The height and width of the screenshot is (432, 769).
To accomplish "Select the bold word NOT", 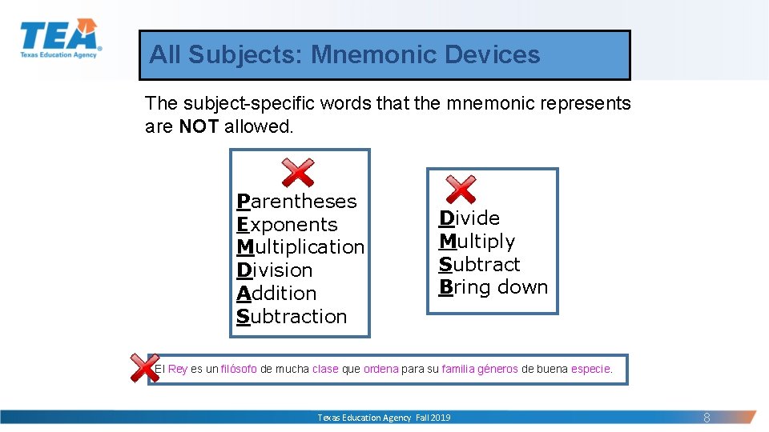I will click(199, 126).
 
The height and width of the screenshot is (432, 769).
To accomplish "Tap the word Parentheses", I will click(296, 202).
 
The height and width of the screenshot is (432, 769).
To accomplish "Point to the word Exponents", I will click(287, 225).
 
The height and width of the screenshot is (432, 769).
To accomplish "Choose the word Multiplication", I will click(300, 247).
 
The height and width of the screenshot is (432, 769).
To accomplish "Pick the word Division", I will click(275, 270).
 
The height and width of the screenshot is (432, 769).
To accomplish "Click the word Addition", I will click(276, 294).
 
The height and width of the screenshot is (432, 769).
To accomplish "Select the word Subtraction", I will click(292, 317).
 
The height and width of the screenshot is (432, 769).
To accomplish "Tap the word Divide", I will click(469, 218).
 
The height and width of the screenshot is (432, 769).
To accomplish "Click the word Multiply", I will click(477, 242).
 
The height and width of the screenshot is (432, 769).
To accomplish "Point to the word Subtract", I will click(479, 265).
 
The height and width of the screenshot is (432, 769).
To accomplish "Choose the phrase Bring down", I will click(493, 287).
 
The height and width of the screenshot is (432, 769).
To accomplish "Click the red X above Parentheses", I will click(297, 172).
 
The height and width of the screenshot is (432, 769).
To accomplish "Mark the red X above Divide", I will click(461, 190).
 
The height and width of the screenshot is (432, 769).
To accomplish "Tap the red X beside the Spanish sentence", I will click(144, 367).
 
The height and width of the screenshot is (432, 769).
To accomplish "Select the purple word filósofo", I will click(239, 369).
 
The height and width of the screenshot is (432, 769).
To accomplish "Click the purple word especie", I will click(591, 369).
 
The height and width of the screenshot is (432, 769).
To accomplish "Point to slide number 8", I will click(707, 418).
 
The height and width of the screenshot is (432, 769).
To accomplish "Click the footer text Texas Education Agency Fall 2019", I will click(384, 418).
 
